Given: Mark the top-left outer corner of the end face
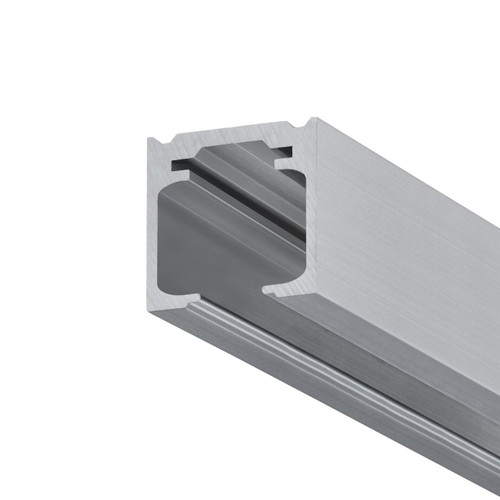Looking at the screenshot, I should point(148,138).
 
